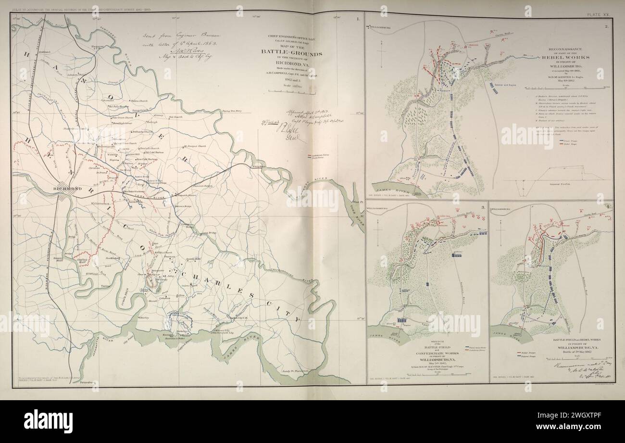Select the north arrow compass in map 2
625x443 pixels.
click(381, 51)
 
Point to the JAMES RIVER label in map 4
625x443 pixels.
click(513, 332)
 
